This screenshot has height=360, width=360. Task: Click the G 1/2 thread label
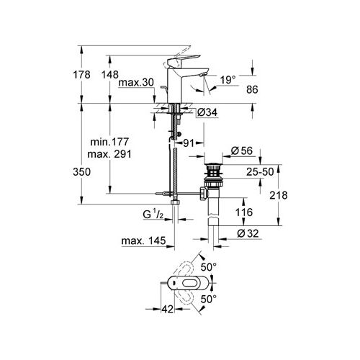(x=150, y=214)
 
